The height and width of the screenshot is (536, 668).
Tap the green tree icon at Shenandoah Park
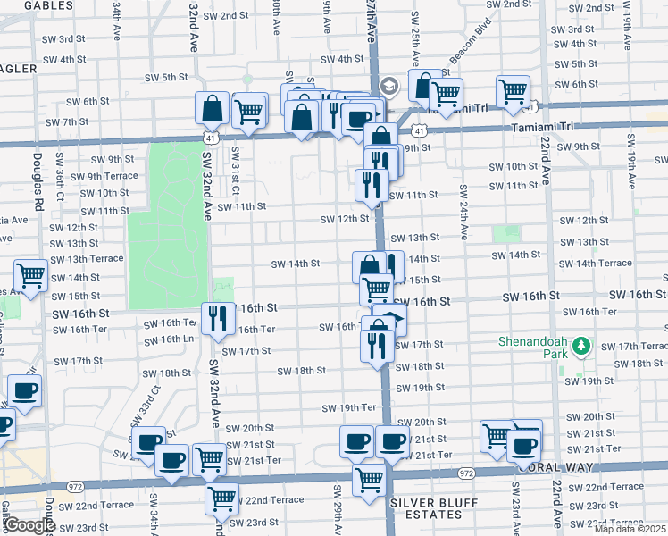581,345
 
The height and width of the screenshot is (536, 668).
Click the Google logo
29,525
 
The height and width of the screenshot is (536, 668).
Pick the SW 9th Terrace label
108,176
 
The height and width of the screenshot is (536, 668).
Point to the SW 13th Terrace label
87,259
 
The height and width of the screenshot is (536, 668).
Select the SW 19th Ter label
351,407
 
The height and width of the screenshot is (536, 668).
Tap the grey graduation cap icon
388,87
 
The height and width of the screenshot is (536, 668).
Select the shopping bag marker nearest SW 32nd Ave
213,109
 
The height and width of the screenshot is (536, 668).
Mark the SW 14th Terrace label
597,264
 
